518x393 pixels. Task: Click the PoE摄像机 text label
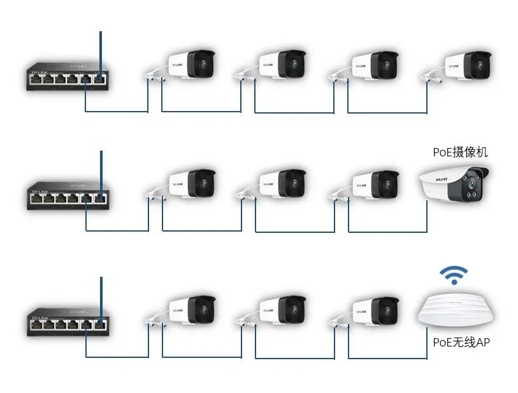coord(460,152)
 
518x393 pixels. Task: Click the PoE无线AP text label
coord(461,343)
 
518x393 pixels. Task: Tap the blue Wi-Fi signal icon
coord(453,276)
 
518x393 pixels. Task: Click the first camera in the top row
coord(189,66)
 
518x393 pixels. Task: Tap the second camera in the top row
coord(281,66)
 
